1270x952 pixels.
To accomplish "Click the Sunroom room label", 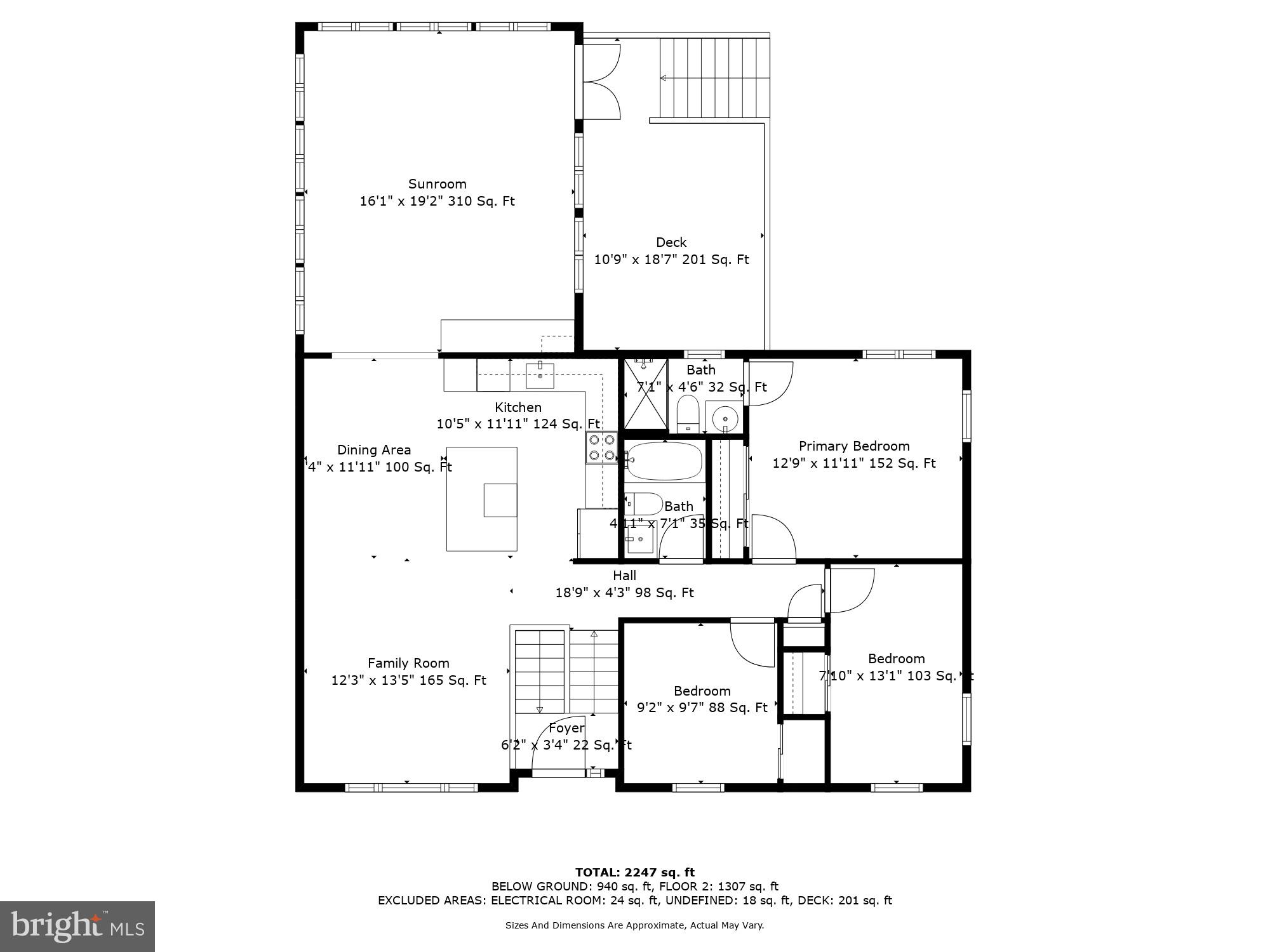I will [x=437, y=184].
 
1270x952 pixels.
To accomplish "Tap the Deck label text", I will [x=671, y=242].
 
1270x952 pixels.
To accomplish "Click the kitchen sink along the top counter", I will [x=540, y=375].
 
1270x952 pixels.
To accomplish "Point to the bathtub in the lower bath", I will [x=664, y=461].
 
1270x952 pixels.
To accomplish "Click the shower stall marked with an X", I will [x=646, y=394].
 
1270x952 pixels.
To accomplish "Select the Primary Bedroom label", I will [x=853, y=446].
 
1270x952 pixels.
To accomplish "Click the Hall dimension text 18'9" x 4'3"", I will [x=624, y=593].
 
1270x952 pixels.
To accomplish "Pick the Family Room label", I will [x=408, y=663].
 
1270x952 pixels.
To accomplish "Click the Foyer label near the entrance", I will [x=566, y=728].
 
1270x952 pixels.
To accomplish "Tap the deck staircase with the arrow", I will [x=714, y=78].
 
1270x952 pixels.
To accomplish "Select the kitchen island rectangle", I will [x=481, y=499].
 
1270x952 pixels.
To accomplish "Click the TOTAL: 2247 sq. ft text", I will [x=634, y=873].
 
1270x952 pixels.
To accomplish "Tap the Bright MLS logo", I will [x=77, y=926].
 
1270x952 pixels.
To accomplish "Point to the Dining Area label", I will [x=373, y=450].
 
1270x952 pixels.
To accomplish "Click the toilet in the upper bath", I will [x=688, y=413].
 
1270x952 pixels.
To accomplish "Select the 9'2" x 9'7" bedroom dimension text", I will [x=702, y=708].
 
